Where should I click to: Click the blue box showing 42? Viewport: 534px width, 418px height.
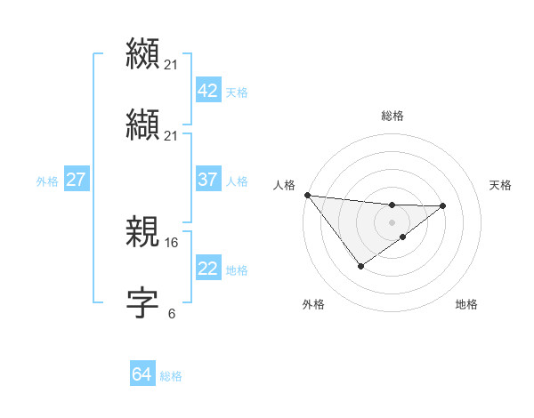tap(207, 91)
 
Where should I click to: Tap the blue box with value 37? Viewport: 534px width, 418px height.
tap(207, 180)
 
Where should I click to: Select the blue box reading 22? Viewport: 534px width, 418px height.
tap(207, 269)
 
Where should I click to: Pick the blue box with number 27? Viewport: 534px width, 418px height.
tap(76, 180)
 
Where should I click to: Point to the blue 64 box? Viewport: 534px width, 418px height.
tap(142, 374)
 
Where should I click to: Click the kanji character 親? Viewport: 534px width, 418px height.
tap(143, 232)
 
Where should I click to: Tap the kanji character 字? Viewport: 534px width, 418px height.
tap(143, 303)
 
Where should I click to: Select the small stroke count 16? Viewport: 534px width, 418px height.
tap(173, 242)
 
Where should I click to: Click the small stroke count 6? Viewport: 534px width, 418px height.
tap(172, 313)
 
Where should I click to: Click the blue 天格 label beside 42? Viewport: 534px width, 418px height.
tap(237, 92)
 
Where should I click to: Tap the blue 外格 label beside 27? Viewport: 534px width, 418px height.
tap(47, 181)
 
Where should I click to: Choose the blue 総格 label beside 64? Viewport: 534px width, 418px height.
tap(171, 375)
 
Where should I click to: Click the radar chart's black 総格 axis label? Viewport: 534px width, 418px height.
tap(392, 116)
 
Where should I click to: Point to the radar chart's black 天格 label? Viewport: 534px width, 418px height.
tap(500, 185)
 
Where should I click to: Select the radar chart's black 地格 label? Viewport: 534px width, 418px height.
tap(466, 305)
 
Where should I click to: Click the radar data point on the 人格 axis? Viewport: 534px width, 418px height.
tap(307, 195)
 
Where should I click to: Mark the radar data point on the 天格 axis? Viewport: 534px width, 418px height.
tap(443, 205)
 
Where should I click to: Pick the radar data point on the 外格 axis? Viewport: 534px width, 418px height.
tap(360, 265)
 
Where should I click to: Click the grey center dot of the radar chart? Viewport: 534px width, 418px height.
tap(392, 222)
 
